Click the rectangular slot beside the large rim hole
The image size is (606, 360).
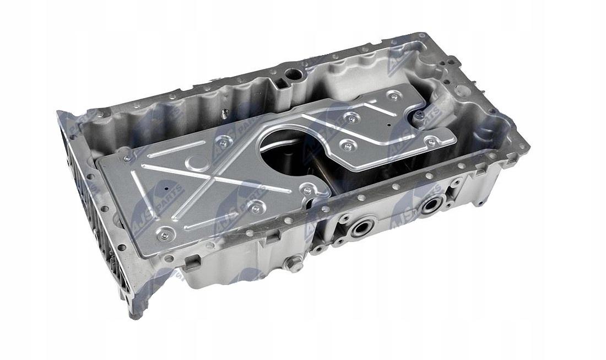tap(280, 84)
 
